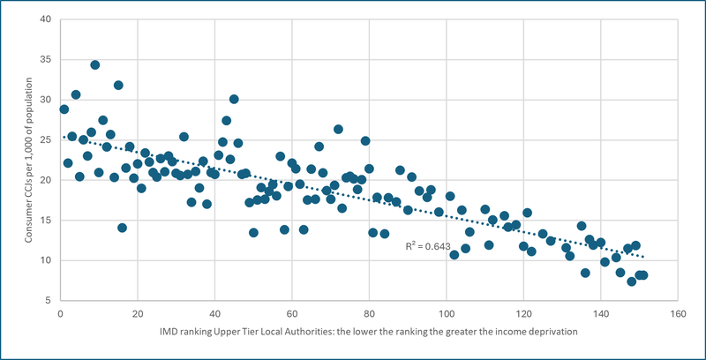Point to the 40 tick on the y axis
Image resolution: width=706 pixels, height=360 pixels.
click(44, 19)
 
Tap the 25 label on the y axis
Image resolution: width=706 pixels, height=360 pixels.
click(44, 140)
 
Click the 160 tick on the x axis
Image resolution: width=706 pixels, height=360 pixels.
click(678, 312)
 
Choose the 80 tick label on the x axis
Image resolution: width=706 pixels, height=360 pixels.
click(369, 312)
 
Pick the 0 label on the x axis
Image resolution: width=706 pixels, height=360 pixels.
click(60, 312)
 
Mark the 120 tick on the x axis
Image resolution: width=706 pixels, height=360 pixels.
click(523, 312)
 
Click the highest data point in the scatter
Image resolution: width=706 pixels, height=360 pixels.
click(94, 64)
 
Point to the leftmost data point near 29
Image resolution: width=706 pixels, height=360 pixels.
click(64, 109)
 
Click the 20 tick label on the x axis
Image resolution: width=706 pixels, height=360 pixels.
click(137, 312)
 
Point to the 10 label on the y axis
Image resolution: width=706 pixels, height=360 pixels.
click(44, 260)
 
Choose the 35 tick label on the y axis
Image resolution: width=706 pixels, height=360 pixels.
click(44, 60)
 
